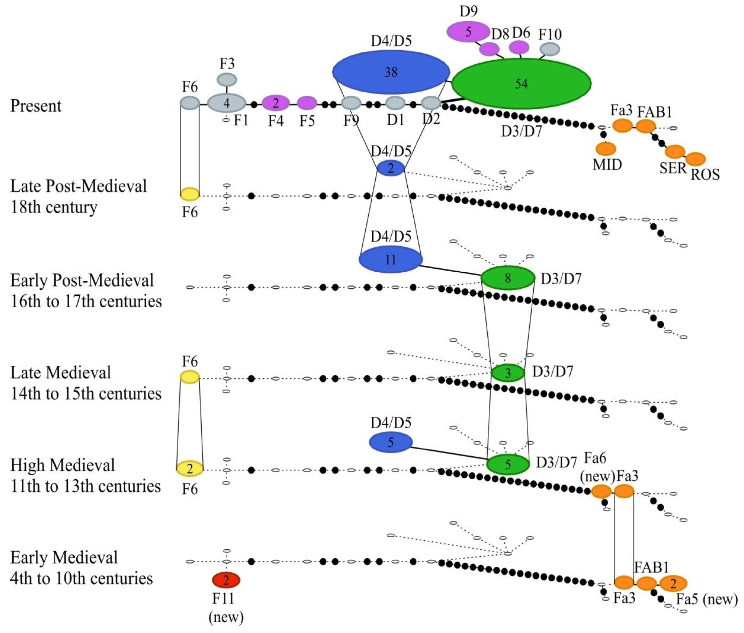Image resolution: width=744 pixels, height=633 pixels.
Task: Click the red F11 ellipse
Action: click(226, 580)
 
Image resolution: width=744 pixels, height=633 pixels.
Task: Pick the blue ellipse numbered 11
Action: click(391, 259)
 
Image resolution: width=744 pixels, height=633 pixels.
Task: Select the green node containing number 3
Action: click(508, 373)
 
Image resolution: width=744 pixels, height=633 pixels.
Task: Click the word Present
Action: click(36, 106)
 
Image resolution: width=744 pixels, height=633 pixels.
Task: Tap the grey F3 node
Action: click(227, 79)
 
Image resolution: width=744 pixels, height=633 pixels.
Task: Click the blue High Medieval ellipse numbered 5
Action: click(391, 442)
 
